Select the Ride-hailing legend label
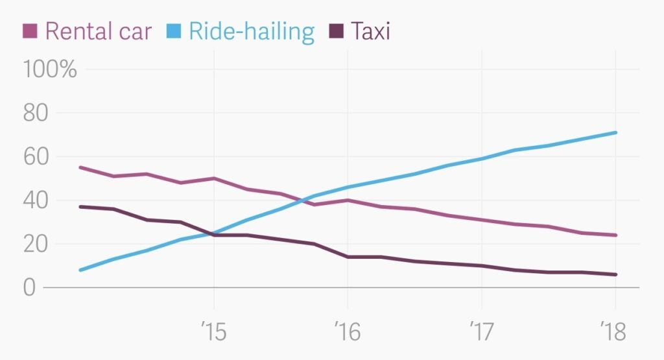click(251, 30)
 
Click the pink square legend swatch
click(30, 30)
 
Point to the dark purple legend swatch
click(336, 30)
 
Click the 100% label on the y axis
click(50, 69)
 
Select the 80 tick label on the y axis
click(37, 113)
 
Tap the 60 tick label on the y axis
click(37, 156)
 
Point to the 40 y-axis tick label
click(37, 200)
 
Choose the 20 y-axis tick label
click(37, 244)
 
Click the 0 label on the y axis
click(29, 287)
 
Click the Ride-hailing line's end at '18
click(615, 132)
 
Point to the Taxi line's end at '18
click(615, 274)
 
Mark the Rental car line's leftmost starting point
click(80, 167)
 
